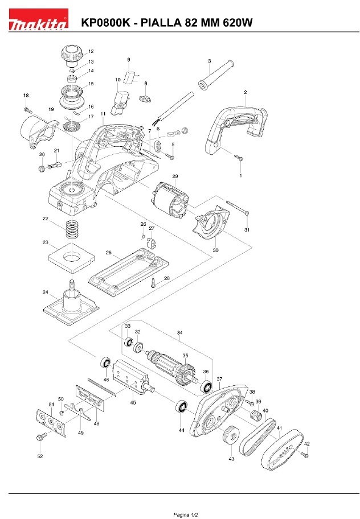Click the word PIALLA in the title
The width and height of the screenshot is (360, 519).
[x=161, y=23]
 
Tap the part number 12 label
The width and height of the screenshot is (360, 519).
[x=91, y=51]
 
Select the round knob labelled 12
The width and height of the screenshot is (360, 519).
[x=71, y=56]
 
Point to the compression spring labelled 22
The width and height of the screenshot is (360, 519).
[x=72, y=230]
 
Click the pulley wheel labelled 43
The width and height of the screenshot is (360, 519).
[x=231, y=438]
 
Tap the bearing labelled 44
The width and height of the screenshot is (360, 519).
[x=182, y=408]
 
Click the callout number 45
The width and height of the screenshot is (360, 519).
[x=133, y=402]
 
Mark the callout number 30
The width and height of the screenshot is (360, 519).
[x=216, y=249]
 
